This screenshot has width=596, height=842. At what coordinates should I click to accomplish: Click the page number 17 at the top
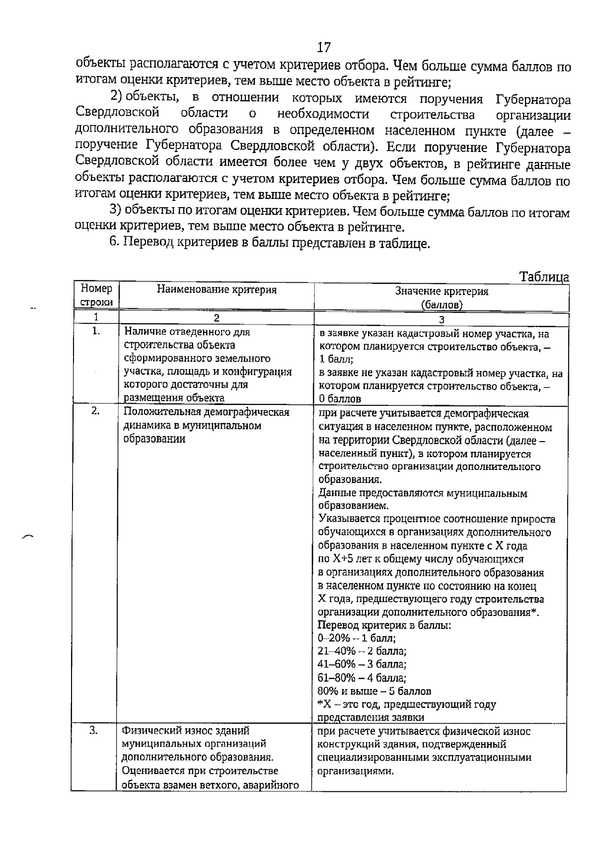click(x=323, y=48)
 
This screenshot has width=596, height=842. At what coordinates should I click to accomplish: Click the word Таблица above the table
click(x=544, y=277)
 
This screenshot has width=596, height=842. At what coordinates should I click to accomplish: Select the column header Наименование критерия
click(x=217, y=290)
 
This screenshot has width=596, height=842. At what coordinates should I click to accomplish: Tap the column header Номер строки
click(x=96, y=295)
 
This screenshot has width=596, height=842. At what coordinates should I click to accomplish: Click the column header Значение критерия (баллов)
click(x=442, y=298)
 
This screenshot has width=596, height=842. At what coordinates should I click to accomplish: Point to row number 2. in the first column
click(x=96, y=411)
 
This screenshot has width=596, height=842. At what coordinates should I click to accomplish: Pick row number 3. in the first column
click(x=94, y=730)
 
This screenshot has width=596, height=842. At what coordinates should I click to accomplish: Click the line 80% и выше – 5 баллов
click(x=374, y=691)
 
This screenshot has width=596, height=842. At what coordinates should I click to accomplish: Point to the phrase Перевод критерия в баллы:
click(x=384, y=625)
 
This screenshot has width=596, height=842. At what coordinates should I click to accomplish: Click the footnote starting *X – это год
click(x=406, y=704)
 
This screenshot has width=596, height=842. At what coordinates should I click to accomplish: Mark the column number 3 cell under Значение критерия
click(x=442, y=320)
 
